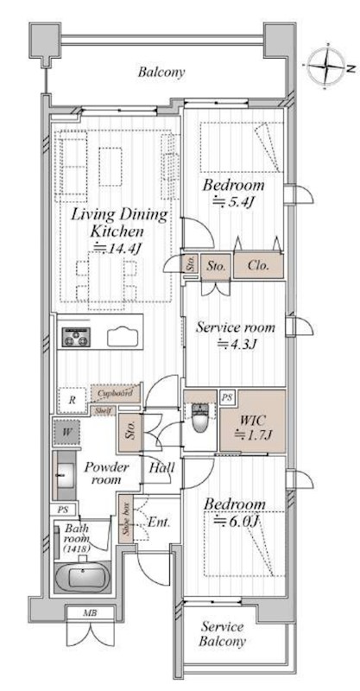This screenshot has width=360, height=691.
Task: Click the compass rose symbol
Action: click(x=326, y=67)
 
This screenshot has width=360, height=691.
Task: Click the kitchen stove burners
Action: click(x=76, y=337)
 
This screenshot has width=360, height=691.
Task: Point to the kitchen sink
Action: click(x=123, y=338)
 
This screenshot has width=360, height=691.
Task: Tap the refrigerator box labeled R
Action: click(x=73, y=400)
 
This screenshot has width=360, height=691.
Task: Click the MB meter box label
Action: click(x=91, y=613)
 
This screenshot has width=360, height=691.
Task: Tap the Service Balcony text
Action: click(x=223, y=634)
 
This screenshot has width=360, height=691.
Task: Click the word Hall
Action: click(x=161, y=467)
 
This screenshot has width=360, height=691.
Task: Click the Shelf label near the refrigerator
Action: click(x=104, y=411)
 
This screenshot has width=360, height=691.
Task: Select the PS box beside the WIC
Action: click(x=227, y=397)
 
